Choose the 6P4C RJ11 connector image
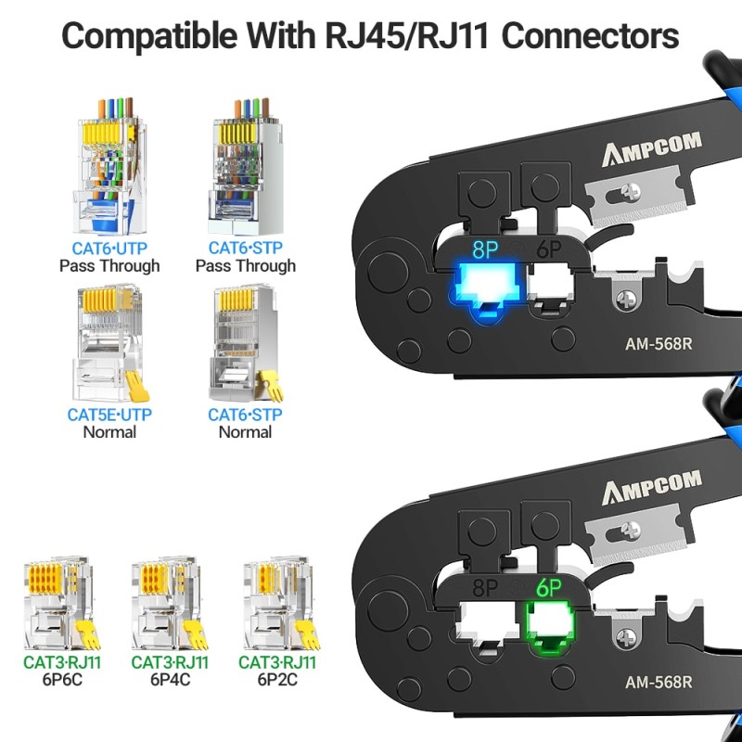[170, 603]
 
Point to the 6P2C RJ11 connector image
[277, 603]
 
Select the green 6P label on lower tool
[547, 586]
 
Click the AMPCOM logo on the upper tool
[653, 148]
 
